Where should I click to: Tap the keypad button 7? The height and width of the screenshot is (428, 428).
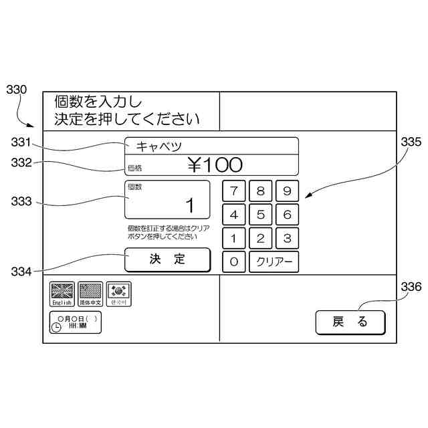tap(233, 191)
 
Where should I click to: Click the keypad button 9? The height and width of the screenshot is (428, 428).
tap(287, 191)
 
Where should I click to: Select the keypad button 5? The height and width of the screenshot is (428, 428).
tap(260, 215)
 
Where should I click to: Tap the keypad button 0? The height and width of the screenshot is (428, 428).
tap(233, 262)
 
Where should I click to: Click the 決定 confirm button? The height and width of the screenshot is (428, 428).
tap(167, 259)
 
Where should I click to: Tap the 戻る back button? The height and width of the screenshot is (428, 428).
tap(350, 322)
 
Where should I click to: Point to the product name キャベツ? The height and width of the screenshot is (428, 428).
tap(159, 146)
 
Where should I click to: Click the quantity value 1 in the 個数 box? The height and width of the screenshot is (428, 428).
tap(189, 205)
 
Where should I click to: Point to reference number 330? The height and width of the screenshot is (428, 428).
tap(16, 89)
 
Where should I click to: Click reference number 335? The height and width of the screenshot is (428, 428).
tap(411, 142)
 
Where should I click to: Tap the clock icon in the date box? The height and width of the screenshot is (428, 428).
tap(56, 326)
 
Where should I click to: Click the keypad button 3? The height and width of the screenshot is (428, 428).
tap(287, 238)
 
